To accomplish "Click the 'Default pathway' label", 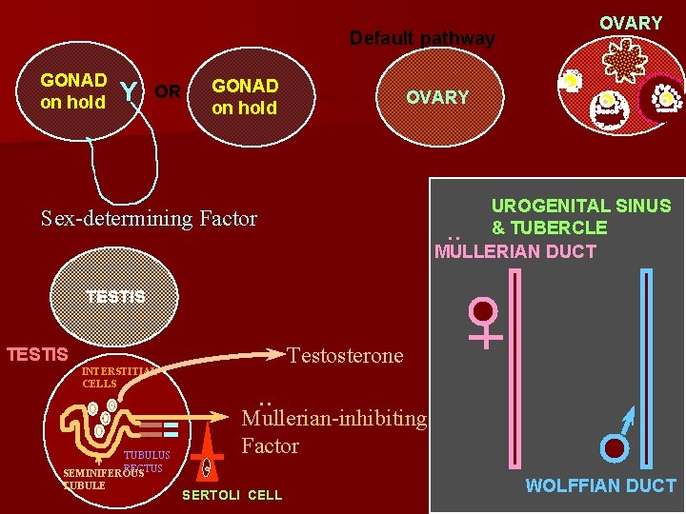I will (422, 39).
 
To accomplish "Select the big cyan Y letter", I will (129, 92).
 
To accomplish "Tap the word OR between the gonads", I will (168, 92).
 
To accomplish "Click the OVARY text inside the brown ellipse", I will (437, 97).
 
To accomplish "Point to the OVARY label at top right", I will (630, 23).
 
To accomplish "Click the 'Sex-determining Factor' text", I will (150, 218).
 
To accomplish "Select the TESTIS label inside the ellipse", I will (115, 296).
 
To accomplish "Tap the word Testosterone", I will (345, 356).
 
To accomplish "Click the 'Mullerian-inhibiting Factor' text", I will (333, 431).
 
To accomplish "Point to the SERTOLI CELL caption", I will (232, 495).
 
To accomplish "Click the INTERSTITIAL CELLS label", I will (115, 377).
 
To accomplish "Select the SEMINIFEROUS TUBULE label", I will (100, 479).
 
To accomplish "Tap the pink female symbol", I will (485, 322).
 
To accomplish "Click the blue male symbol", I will (617, 440).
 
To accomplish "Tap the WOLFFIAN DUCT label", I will (600, 486).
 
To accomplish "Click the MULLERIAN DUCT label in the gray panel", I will (514, 251).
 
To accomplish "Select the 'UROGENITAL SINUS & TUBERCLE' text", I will (580, 216).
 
